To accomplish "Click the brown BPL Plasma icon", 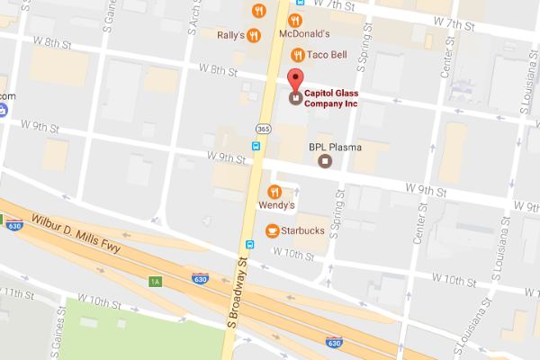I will [325, 161].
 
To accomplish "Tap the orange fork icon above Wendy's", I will [275, 191].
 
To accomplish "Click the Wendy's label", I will [276, 206].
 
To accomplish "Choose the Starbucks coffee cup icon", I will [271, 232].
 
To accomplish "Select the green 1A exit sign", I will [155, 281].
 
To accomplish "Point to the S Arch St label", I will [192, 18].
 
